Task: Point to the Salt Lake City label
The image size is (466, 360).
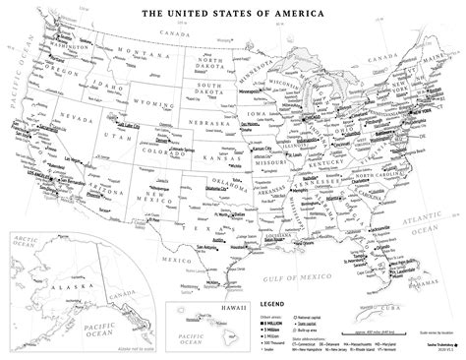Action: [108, 127]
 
